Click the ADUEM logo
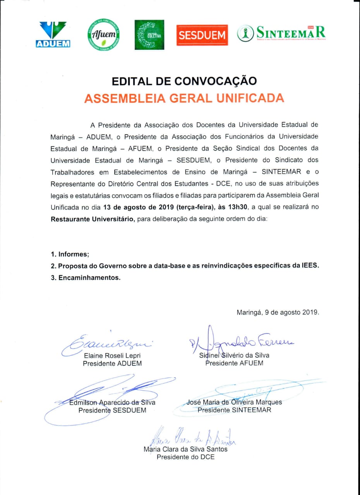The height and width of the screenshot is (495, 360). click(x=53, y=34)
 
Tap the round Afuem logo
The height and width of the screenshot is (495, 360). click(x=103, y=35)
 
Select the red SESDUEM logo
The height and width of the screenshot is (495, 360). click(x=202, y=35)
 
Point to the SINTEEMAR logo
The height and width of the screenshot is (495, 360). click(x=281, y=34)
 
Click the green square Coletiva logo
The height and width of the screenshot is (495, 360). click(x=149, y=35)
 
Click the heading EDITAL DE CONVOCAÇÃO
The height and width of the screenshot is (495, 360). click(x=184, y=81)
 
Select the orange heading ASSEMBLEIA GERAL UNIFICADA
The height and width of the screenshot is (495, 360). click(x=184, y=98)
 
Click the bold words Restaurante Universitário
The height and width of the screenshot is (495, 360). click(x=93, y=219)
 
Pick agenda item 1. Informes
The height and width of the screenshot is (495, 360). click(x=70, y=254)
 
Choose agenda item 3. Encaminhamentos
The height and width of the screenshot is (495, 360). click(x=86, y=278)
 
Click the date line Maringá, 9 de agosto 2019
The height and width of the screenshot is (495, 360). click(x=278, y=312)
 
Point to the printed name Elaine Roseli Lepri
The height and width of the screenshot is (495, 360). click(x=112, y=355)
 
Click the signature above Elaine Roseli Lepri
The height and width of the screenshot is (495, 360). click(x=108, y=341)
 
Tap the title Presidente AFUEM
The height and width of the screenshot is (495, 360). click(x=234, y=363)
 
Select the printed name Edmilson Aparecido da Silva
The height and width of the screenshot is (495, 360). click(x=112, y=402)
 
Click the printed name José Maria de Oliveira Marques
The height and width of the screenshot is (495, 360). click(x=235, y=402)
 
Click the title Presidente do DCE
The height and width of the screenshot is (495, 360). click(x=185, y=457)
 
